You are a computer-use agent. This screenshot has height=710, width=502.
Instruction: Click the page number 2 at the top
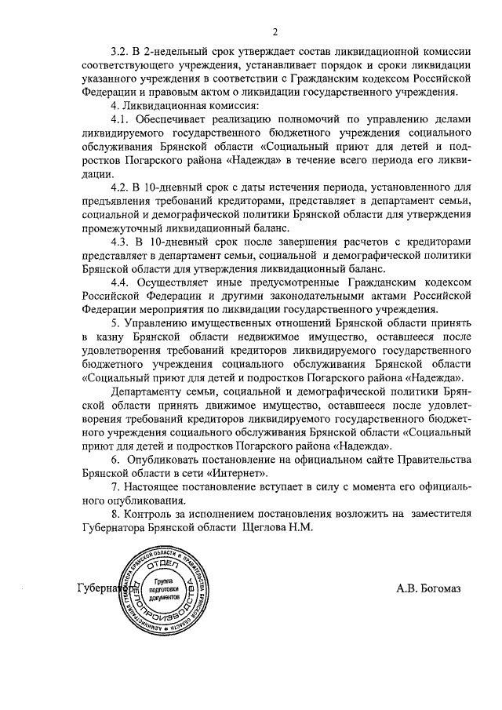point(275,32)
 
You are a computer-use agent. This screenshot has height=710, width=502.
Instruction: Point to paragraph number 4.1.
point(121,120)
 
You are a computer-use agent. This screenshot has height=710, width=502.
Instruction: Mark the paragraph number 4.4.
point(121,280)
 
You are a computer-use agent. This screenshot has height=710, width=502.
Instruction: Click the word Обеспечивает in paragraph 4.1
point(181,120)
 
